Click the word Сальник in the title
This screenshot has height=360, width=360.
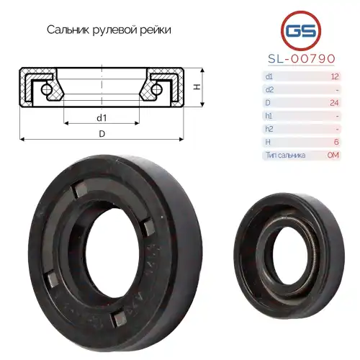68,30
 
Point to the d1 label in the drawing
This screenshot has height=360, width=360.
102,117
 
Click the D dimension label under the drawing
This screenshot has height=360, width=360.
102,134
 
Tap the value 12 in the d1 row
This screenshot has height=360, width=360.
333,76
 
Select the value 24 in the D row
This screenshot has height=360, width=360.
333,102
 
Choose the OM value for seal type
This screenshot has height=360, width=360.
333,155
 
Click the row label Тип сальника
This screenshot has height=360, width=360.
285,155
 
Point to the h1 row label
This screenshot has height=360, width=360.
269,115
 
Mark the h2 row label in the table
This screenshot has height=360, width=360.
269,128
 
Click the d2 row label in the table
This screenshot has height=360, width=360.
269,89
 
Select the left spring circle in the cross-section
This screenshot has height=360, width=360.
45,89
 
